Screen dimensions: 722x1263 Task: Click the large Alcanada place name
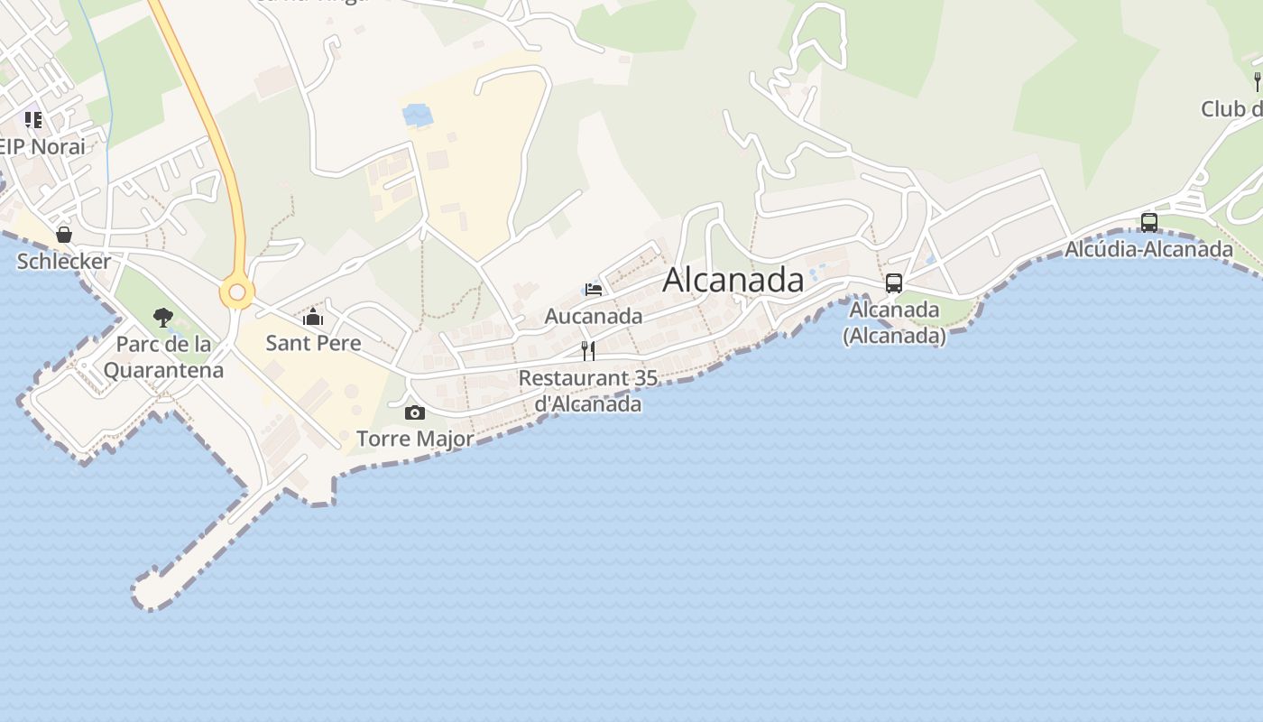(733, 280)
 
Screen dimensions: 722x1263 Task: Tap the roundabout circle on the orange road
(237, 292)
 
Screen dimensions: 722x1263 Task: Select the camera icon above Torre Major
(415, 412)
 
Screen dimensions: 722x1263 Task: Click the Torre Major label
(415, 439)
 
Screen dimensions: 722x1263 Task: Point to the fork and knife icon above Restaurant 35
(588, 351)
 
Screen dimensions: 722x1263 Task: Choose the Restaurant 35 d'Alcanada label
(588, 390)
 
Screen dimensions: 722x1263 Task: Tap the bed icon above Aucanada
(594, 290)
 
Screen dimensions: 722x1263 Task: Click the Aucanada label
(594, 316)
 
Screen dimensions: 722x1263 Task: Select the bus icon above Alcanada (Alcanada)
(894, 283)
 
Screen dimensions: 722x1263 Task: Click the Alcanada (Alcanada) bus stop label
(894, 322)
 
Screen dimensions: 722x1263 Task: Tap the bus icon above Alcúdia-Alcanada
(1149, 222)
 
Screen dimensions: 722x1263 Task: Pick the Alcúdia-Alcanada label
(1149, 248)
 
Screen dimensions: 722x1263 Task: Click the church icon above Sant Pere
(313, 317)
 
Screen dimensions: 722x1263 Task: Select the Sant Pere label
(313, 343)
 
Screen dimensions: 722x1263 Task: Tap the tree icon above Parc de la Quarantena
(163, 318)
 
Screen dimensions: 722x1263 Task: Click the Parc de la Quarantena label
(163, 356)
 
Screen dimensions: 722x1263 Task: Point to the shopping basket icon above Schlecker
(64, 235)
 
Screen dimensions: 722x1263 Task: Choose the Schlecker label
(64, 262)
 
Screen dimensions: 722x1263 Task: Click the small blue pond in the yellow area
(417, 116)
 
